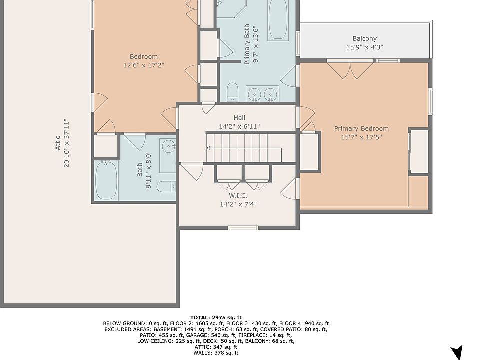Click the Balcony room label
(x=364, y=39)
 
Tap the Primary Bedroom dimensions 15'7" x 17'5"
(x=361, y=137)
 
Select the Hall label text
(x=239, y=118)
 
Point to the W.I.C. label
(x=238, y=195)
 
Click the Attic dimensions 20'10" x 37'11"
(x=66, y=143)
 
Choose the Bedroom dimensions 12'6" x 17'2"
(x=144, y=65)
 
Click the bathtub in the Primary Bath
(x=278, y=19)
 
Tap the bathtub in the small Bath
(x=106, y=180)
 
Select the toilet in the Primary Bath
(x=232, y=92)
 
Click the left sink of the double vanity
(x=254, y=94)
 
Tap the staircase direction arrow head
(x=208, y=148)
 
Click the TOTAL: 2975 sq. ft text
(x=216, y=318)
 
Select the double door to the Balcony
(x=350, y=70)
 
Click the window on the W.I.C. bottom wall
(x=243, y=228)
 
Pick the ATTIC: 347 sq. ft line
(x=216, y=347)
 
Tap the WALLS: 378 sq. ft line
(x=216, y=353)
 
